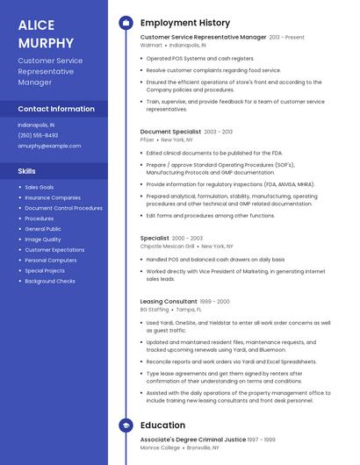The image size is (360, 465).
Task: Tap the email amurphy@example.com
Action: click(x=49, y=146)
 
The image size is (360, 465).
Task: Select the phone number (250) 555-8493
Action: click(x=38, y=135)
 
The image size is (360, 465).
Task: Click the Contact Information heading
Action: click(x=56, y=109)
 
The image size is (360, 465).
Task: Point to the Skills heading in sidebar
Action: click(x=27, y=170)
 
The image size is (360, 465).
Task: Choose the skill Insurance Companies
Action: click(x=53, y=197)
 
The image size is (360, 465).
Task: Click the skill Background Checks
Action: click(x=50, y=281)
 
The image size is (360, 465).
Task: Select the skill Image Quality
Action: click(x=43, y=240)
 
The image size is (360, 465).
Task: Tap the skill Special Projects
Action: click(x=45, y=270)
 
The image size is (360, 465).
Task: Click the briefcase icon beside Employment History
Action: click(x=126, y=23)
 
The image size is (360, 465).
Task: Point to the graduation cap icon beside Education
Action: click(x=126, y=426)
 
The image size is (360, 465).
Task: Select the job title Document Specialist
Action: click(x=170, y=132)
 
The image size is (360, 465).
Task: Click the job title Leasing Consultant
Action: click(x=169, y=301)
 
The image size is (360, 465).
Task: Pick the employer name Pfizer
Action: click(x=147, y=139)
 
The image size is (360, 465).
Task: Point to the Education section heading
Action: click(x=162, y=426)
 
